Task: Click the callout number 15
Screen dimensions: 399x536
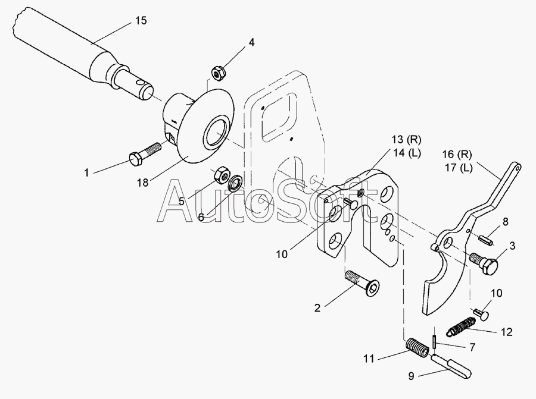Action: coord(140,21)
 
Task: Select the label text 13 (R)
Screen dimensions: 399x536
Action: coord(406,140)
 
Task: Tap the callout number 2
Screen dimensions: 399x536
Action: coord(317,307)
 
